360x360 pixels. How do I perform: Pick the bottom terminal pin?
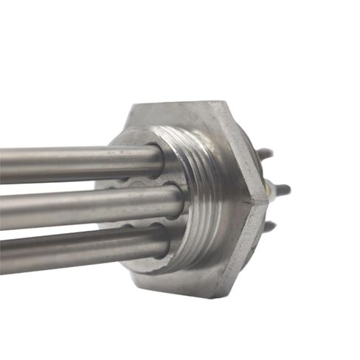[271, 226]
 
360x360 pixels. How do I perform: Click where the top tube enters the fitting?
[160, 156]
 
